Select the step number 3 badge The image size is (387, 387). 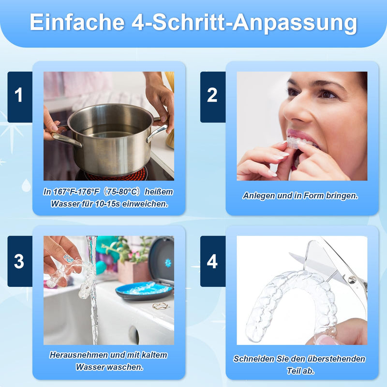pos(19,261)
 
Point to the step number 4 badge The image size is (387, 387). pos(212,261)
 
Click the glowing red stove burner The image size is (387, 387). pos(116,175)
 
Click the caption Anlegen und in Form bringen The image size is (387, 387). pos(300,196)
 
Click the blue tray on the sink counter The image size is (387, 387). pos(143,290)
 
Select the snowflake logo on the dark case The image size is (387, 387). pos(168,262)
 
